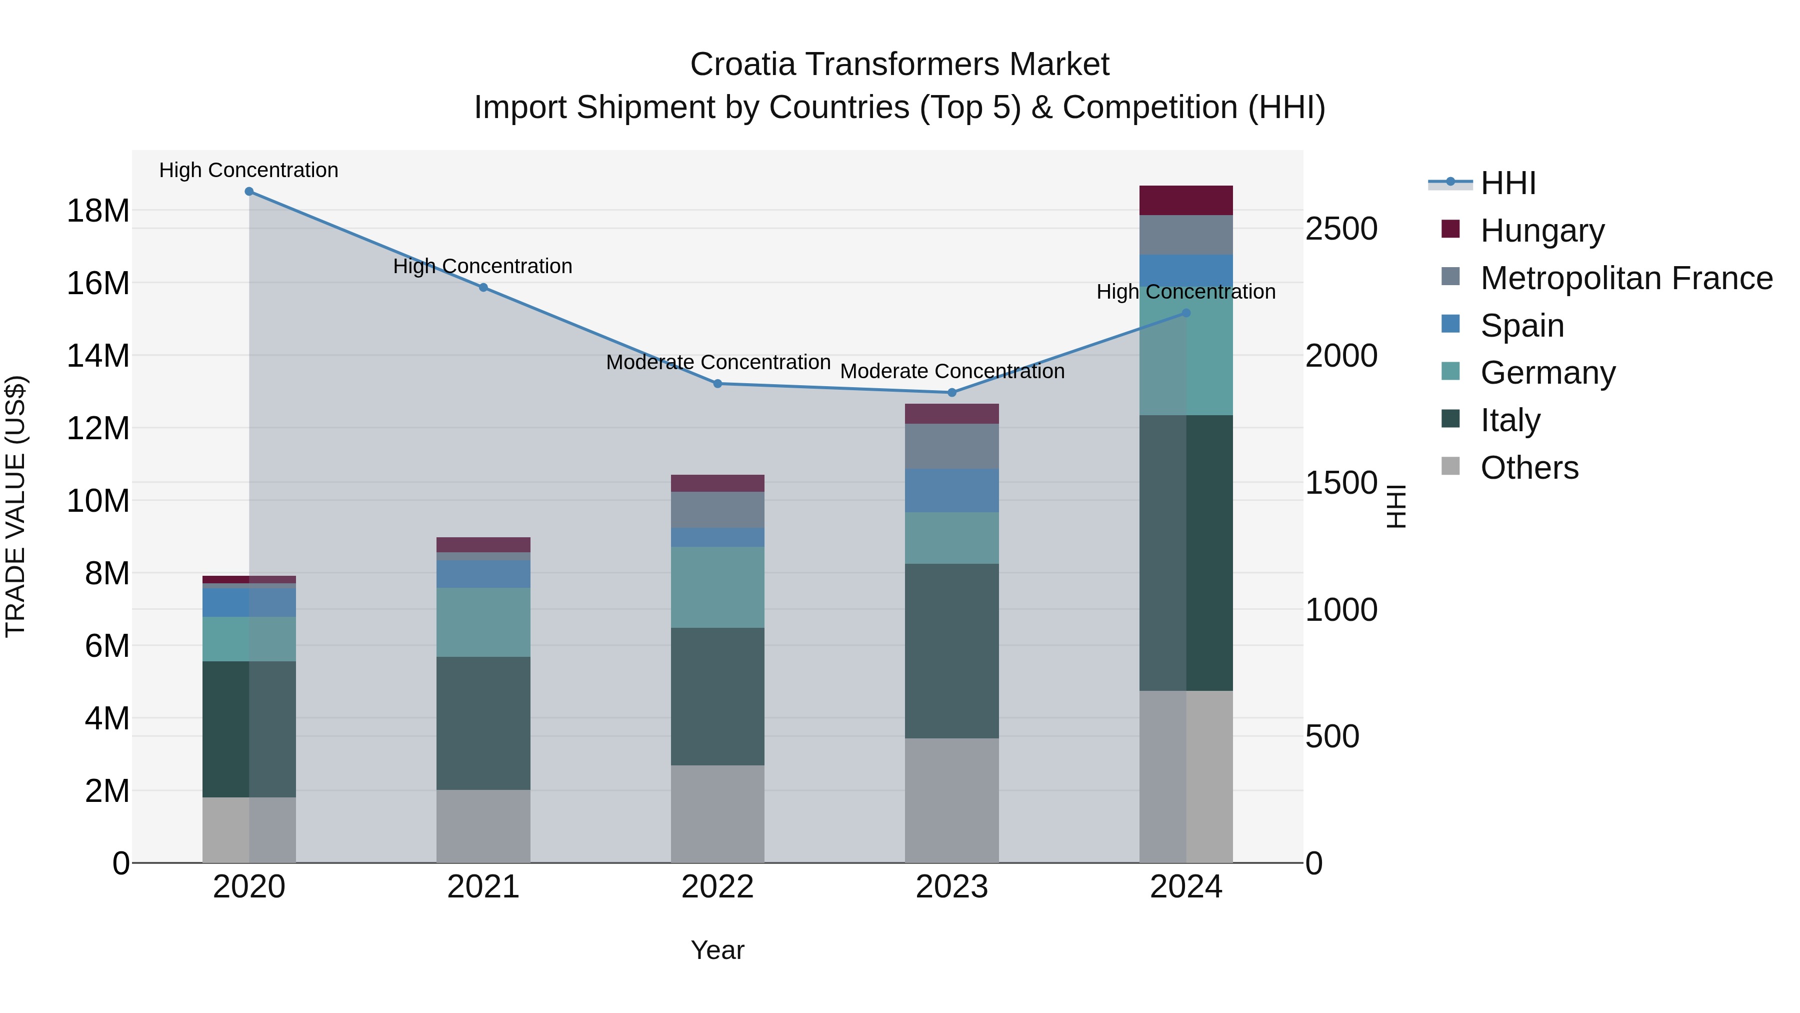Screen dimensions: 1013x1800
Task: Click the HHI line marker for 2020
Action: click(249, 192)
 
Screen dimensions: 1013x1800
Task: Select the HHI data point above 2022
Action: click(717, 384)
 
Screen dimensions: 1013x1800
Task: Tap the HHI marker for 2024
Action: click(1186, 313)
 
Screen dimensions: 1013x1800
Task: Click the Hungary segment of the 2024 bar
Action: click(1186, 201)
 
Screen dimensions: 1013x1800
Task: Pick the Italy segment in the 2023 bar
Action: click(951, 650)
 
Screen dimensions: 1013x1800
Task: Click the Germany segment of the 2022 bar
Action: click(717, 587)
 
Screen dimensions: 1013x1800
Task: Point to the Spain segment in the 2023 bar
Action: click(951, 490)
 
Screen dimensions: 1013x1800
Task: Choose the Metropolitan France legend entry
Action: click(1626, 278)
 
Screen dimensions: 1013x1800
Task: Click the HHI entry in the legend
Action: click(1508, 183)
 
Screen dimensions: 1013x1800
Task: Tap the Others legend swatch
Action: click(1450, 466)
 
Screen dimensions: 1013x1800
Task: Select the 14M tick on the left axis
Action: click(98, 356)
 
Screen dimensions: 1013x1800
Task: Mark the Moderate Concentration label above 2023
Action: click(951, 371)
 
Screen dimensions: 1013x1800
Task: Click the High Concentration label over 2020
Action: click(249, 171)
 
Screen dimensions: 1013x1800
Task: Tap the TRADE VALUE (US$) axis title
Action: click(15, 506)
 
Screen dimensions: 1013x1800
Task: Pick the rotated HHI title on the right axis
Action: click(1395, 506)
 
